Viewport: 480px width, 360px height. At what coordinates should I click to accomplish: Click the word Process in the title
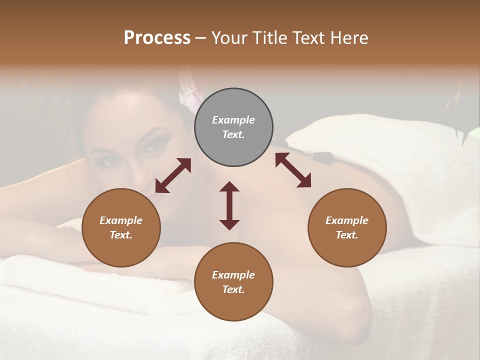click(x=157, y=38)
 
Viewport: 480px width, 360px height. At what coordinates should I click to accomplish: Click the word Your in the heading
click(x=228, y=38)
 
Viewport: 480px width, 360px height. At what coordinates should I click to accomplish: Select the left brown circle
click(x=121, y=227)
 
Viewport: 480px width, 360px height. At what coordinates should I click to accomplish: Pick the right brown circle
click(x=347, y=227)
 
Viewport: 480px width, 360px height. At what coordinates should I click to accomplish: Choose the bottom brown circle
click(x=233, y=282)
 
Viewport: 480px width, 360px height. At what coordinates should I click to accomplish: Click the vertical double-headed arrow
click(x=229, y=205)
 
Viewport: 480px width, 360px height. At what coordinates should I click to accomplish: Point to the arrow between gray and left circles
click(x=173, y=175)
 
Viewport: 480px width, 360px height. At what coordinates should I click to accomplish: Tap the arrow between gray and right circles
click(x=293, y=170)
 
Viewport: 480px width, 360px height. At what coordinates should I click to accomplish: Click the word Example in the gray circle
click(x=233, y=120)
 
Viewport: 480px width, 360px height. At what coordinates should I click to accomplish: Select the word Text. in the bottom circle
click(x=233, y=289)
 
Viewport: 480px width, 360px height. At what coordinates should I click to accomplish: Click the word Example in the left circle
click(x=121, y=220)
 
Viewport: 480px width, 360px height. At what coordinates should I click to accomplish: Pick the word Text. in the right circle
click(x=347, y=235)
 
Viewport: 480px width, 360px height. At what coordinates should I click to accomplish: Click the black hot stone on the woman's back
click(x=320, y=156)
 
